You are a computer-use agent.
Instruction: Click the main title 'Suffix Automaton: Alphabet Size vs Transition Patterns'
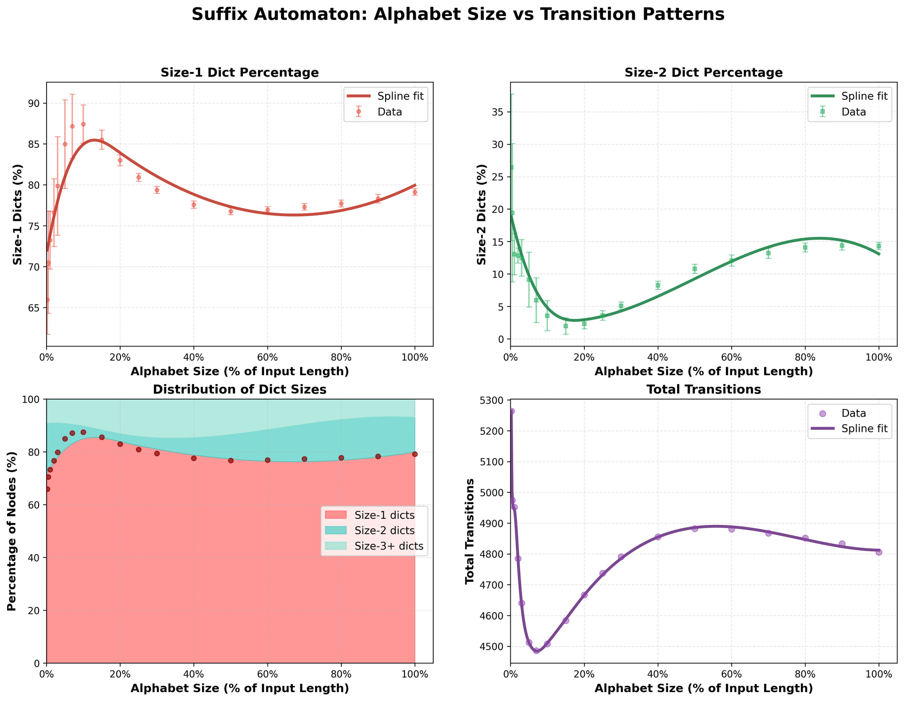click(x=458, y=15)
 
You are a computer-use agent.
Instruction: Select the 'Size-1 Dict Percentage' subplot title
click(x=240, y=73)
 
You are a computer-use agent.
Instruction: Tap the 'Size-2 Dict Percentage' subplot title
click(x=703, y=73)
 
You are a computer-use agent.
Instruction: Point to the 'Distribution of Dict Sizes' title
click(x=240, y=389)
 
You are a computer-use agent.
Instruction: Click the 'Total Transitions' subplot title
click(x=703, y=389)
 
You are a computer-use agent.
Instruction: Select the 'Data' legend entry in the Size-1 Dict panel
click(x=388, y=112)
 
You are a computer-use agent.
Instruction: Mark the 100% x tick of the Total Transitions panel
click(x=879, y=674)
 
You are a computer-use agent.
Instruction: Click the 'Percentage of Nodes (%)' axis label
click(x=12, y=531)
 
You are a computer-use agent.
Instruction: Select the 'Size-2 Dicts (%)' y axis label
click(x=481, y=214)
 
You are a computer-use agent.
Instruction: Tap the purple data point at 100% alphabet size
click(x=879, y=552)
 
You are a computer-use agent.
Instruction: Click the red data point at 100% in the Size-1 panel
click(x=415, y=192)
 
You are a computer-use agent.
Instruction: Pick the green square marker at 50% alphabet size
click(x=694, y=269)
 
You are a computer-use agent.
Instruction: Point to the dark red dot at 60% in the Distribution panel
click(x=267, y=460)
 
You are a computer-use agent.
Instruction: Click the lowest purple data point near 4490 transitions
click(x=536, y=651)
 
